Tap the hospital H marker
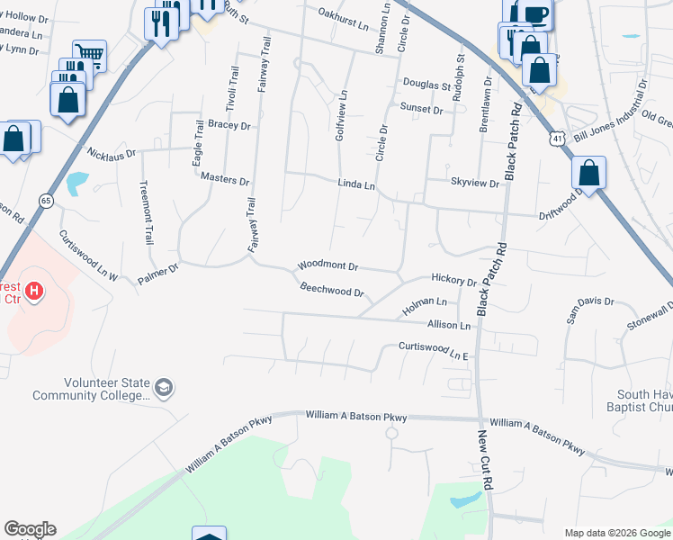click(34, 291)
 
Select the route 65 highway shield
click(44, 200)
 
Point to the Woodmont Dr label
click(328, 267)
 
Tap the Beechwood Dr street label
click(332, 292)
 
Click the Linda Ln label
click(355, 183)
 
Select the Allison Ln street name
click(449, 324)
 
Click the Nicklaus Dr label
click(112, 154)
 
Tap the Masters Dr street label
click(225, 180)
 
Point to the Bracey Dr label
click(229, 126)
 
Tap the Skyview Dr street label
click(474, 183)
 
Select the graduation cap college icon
click(164, 388)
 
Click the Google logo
click(30, 529)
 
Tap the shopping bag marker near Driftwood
click(588, 172)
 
